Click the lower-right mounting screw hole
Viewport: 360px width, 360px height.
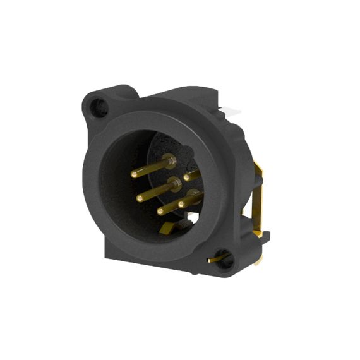(x=224, y=260)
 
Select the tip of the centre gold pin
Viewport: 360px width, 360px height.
(x=140, y=198)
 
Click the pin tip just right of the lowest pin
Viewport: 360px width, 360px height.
(x=181, y=205)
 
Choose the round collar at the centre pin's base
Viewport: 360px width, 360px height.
(x=174, y=184)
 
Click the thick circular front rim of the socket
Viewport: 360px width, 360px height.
(x=95, y=189)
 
